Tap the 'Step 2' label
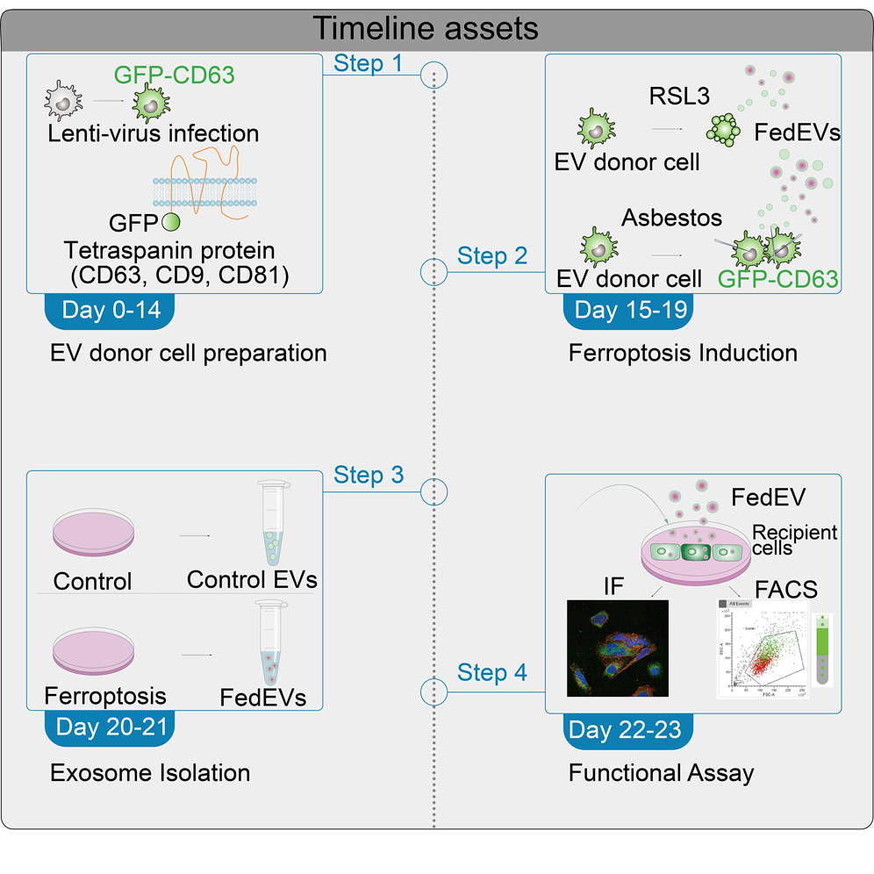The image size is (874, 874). (x=492, y=256)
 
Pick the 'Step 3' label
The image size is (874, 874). (x=369, y=475)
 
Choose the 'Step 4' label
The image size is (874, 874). (x=492, y=673)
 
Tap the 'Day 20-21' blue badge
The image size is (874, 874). (x=109, y=727)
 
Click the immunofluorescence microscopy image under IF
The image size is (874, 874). (x=618, y=648)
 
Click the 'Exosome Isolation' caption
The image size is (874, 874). (x=150, y=773)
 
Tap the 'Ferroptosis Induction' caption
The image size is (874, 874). (x=683, y=353)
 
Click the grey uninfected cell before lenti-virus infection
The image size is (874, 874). (x=62, y=104)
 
